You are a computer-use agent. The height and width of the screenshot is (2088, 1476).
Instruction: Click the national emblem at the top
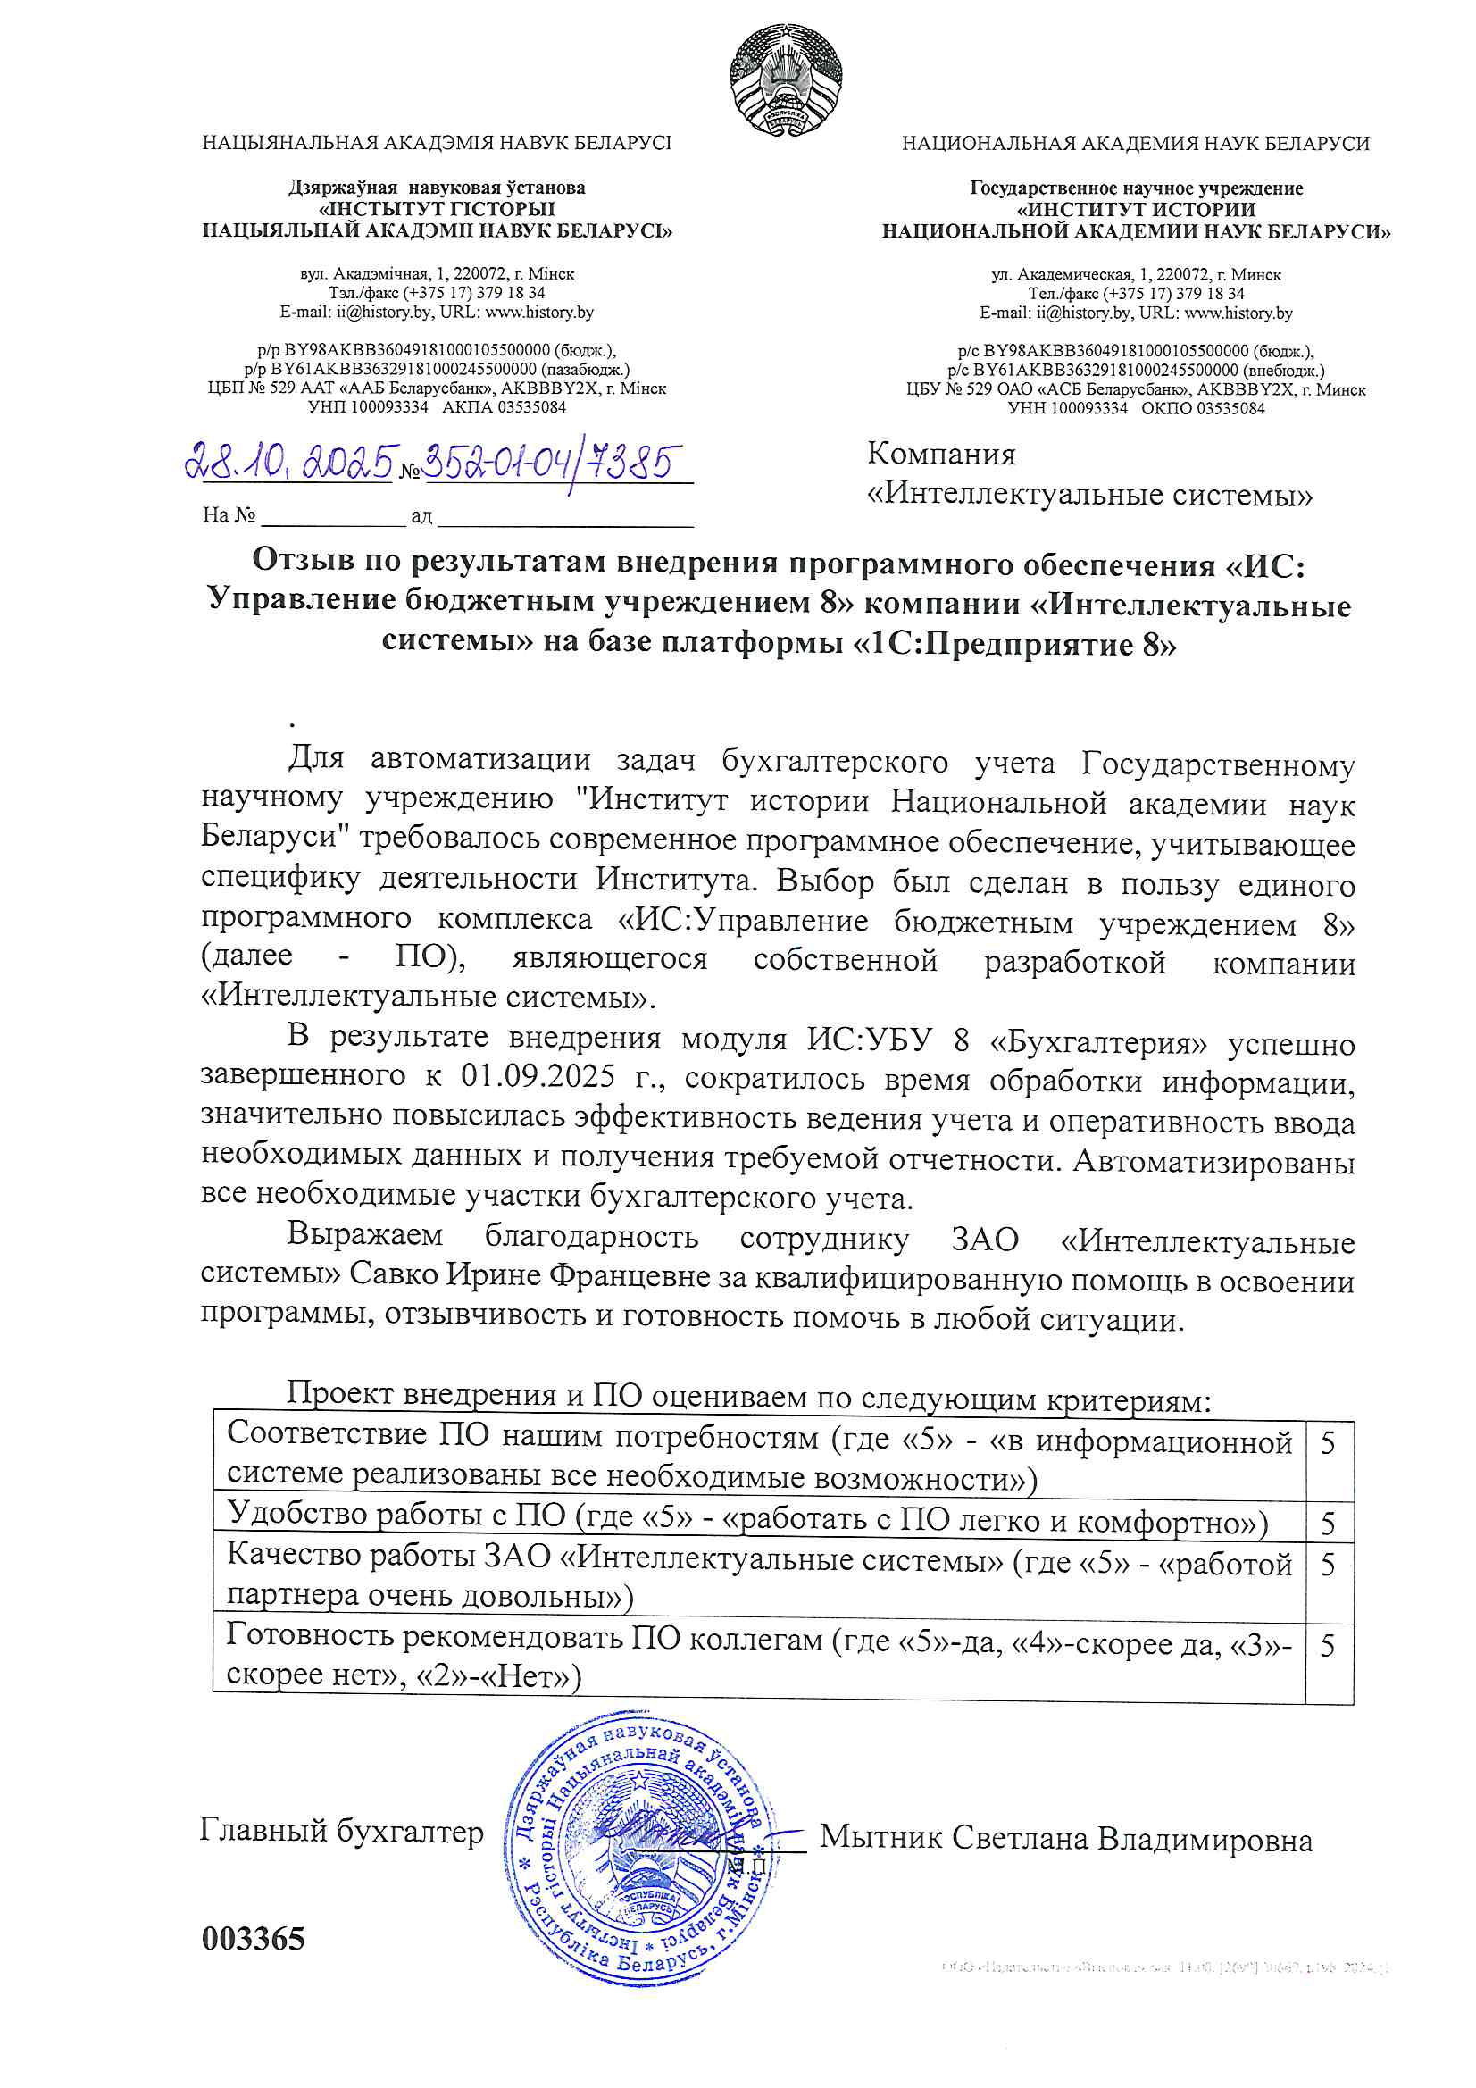click(786, 80)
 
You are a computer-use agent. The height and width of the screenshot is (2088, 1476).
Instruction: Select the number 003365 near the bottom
click(254, 1938)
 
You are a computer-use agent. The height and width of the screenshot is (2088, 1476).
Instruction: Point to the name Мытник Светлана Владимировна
click(1066, 1838)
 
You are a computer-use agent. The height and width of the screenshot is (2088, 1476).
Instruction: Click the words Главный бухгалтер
click(341, 1830)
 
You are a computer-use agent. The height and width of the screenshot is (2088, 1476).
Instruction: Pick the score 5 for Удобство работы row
click(1328, 1524)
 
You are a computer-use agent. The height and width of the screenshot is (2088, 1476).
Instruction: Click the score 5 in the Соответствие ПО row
click(1328, 1443)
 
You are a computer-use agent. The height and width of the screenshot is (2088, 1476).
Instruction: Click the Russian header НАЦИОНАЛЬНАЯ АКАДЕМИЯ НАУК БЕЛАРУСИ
click(1135, 144)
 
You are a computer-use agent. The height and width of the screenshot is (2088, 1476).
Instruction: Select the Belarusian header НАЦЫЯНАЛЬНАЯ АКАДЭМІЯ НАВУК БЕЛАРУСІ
click(437, 143)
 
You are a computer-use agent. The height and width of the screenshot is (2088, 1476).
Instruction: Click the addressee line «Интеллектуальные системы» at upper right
click(1089, 495)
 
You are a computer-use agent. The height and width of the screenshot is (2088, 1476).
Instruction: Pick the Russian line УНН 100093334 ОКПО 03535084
click(1135, 408)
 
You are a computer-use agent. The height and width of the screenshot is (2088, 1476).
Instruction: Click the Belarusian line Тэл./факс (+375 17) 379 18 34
click(437, 293)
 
